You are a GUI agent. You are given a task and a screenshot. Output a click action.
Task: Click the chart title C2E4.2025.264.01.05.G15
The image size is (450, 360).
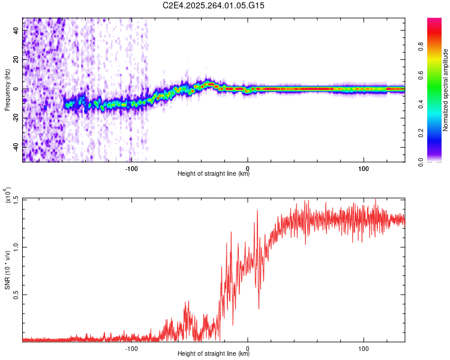coord(214,5)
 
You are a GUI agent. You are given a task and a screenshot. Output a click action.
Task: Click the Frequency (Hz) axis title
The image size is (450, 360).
coord(7,90)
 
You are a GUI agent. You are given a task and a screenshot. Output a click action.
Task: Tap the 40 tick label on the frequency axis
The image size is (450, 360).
coord(16,31)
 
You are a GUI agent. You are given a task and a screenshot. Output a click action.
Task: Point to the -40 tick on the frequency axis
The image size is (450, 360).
coord(15,147)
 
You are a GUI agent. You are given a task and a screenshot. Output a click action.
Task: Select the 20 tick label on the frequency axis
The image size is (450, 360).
coord(16,60)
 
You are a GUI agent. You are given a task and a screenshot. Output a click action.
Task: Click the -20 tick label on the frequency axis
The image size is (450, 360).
coord(15,118)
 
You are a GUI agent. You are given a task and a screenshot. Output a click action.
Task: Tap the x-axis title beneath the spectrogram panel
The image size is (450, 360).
coord(214,174)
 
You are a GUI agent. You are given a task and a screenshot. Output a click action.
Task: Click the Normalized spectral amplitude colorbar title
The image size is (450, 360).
coord(445,90)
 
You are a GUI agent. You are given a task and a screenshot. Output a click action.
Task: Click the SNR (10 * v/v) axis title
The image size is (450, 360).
coord(7,270)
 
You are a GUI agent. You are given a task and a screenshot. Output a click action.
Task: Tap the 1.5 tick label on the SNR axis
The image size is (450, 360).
coord(16,199)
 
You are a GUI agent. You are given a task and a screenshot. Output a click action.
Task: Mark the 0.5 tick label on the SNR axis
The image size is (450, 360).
coord(16,295)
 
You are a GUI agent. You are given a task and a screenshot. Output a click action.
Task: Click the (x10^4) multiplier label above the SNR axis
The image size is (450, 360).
coord(8,196)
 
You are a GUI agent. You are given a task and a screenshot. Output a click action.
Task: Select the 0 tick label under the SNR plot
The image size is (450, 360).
coord(248,347)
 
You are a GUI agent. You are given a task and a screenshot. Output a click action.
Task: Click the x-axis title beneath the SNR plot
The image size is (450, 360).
coord(214,354)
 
